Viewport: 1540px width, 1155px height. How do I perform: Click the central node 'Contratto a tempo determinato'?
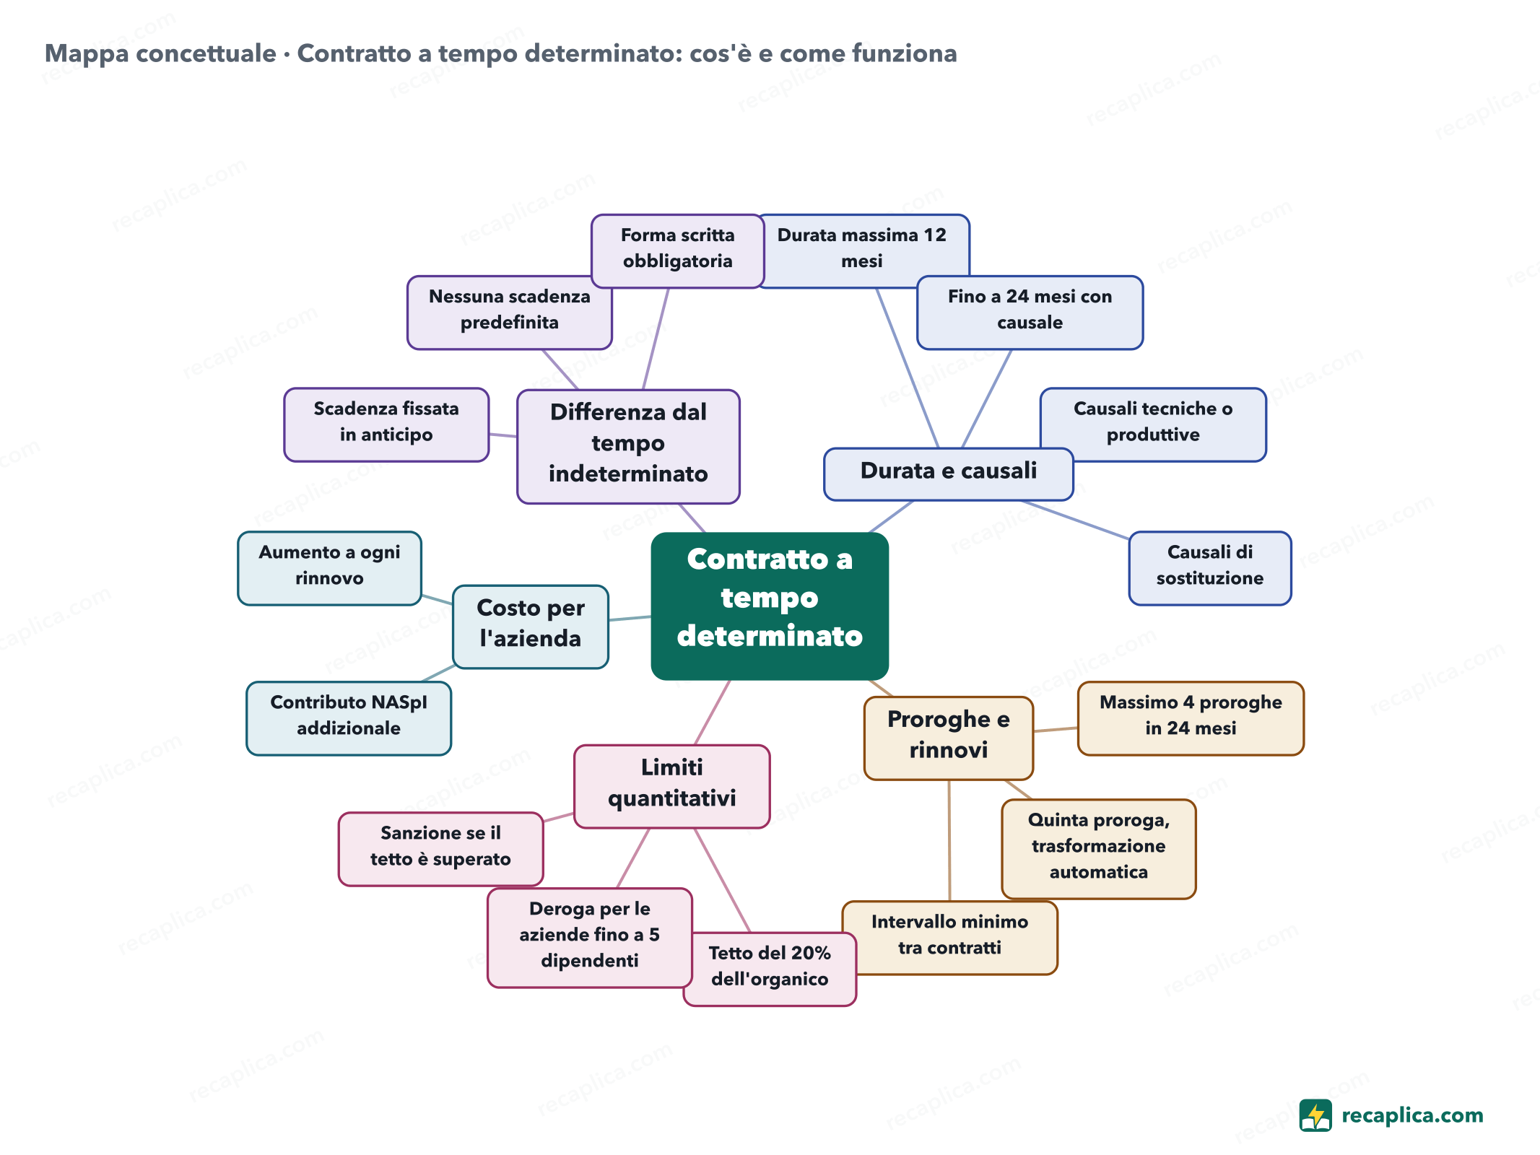tap(770, 606)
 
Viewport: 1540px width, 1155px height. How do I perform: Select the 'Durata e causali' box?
tap(948, 474)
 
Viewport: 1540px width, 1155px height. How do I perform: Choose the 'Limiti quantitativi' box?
tap(671, 786)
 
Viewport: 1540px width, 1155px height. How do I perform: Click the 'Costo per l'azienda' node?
tap(531, 627)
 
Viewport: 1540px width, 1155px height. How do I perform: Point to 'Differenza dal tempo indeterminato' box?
tap(628, 446)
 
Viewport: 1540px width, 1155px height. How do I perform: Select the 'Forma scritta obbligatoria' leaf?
tap(677, 250)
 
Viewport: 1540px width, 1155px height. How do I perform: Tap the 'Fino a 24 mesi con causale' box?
tap(1030, 313)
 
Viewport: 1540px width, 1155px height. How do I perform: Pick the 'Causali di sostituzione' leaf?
tap(1210, 568)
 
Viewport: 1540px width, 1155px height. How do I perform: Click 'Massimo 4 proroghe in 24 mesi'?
tap(1191, 718)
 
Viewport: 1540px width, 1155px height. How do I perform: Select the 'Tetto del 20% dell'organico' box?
tap(770, 969)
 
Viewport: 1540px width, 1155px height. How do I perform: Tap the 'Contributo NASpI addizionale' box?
tap(349, 718)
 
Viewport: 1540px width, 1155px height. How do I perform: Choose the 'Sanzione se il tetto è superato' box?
tap(440, 849)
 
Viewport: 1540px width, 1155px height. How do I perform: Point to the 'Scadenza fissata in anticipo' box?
tap(386, 424)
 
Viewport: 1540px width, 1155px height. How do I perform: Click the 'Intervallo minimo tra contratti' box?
tap(950, 938)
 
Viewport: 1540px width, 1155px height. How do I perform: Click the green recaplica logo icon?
tap(1315, 1115)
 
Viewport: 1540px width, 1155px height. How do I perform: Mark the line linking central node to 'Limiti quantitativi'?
tap(713, 712)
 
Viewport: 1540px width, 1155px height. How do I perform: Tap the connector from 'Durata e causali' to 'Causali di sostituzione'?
tap(1075, 520)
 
